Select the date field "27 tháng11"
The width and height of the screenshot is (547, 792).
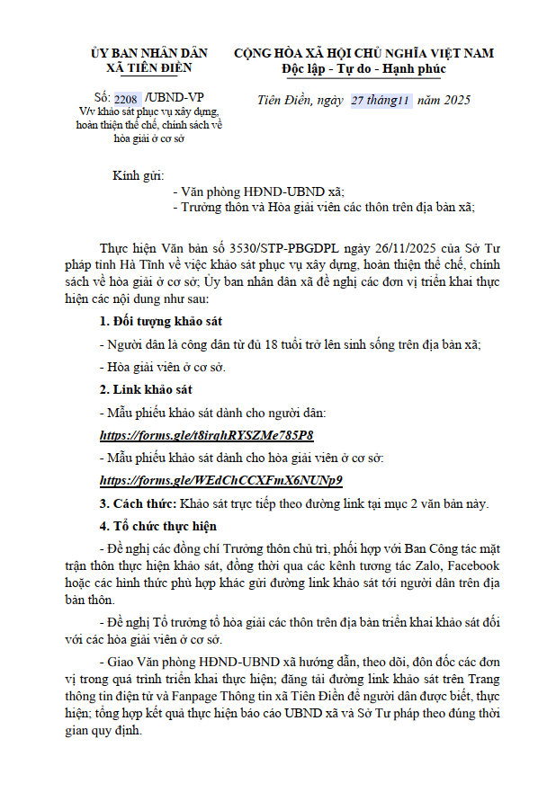[x=381, y=100]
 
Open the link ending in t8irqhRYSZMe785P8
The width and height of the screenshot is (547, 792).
[x=206, y=436]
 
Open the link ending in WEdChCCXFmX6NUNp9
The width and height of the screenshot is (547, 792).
[x=221, y=480]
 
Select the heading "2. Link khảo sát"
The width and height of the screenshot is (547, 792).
[x=145, y=391]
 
